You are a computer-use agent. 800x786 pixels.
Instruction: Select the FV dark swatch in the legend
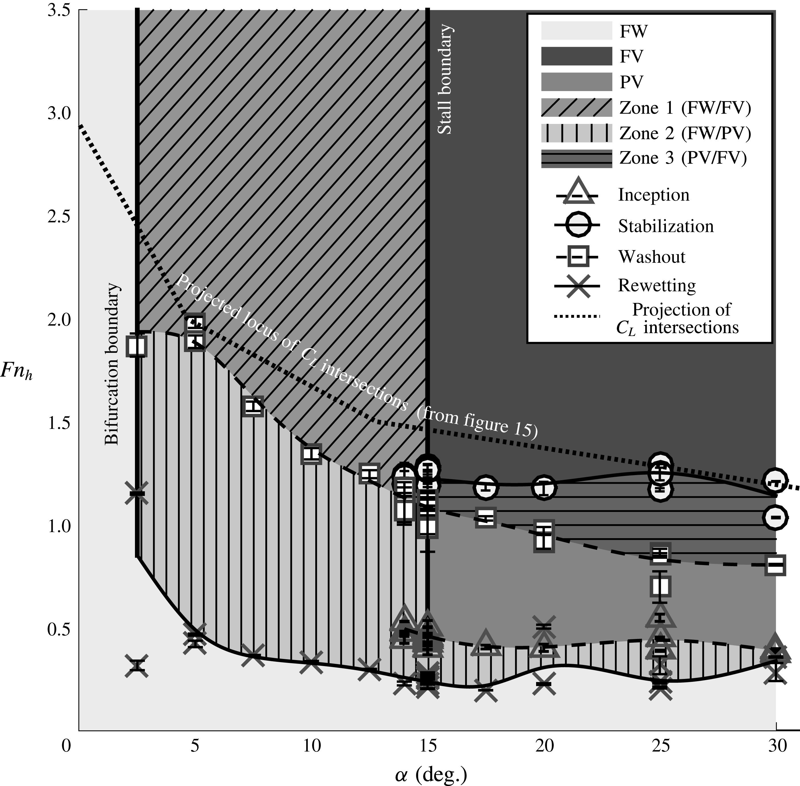(x=576, y=57)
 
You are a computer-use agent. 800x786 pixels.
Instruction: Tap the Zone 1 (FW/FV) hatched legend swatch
(x=576, y=108)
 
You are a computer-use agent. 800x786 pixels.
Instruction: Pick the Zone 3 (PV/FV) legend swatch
(x=576, y=158)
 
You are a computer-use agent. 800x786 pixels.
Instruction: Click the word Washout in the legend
(x=651, y=257)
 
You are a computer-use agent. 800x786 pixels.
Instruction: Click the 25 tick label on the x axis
(x=660, y=746)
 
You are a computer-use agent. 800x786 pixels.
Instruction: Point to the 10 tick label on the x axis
(x=312, y=746)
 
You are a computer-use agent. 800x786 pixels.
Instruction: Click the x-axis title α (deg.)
(x=431, y=775)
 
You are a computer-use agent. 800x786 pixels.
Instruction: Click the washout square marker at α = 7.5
(x=253, y=407)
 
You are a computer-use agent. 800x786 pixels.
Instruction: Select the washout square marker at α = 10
(x=311, y=454)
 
